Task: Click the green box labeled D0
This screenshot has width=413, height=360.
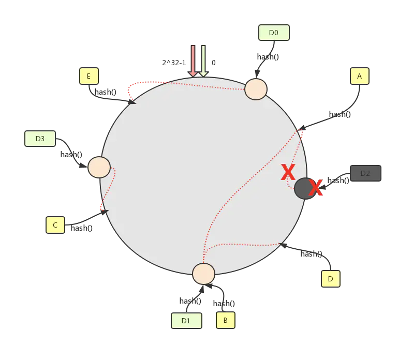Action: tap(273, 33)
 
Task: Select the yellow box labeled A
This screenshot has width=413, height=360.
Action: tap(359, 77)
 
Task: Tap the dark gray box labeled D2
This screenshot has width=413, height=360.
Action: tap(365, 173)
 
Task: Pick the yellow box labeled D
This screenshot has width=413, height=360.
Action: tap(331, 279)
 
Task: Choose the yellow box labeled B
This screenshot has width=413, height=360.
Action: tap(225, 320)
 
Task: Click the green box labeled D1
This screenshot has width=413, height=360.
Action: tap(186, 321)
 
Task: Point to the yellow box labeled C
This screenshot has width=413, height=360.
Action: tap(55, 225)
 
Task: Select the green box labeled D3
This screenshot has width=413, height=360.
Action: tap(40, 139)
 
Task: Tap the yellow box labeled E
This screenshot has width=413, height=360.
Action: tap(89, 76)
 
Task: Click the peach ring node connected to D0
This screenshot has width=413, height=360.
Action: tap(256, 89)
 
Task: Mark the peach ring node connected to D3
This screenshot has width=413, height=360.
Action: tap(99, 167)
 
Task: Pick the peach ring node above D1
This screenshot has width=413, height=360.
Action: tap(203, 274)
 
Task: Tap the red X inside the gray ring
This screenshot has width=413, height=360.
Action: tap(288, 172)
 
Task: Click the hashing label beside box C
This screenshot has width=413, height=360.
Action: tap(83, 228)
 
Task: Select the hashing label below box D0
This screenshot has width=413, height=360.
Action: tap(269, 57)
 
